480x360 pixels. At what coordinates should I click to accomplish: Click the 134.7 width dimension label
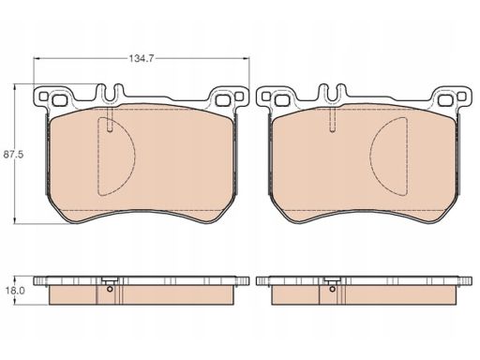click(142, 58)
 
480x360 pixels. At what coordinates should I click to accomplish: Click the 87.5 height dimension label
click(14, 155)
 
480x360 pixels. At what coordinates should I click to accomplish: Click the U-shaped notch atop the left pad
click(110, 93)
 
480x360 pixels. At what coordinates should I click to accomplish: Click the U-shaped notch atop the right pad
click(332, 93)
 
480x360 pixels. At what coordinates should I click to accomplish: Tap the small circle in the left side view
click(110, 289)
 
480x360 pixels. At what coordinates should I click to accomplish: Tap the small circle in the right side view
click(332, 289)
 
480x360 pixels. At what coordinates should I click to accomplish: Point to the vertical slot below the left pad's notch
click(110, 119)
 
